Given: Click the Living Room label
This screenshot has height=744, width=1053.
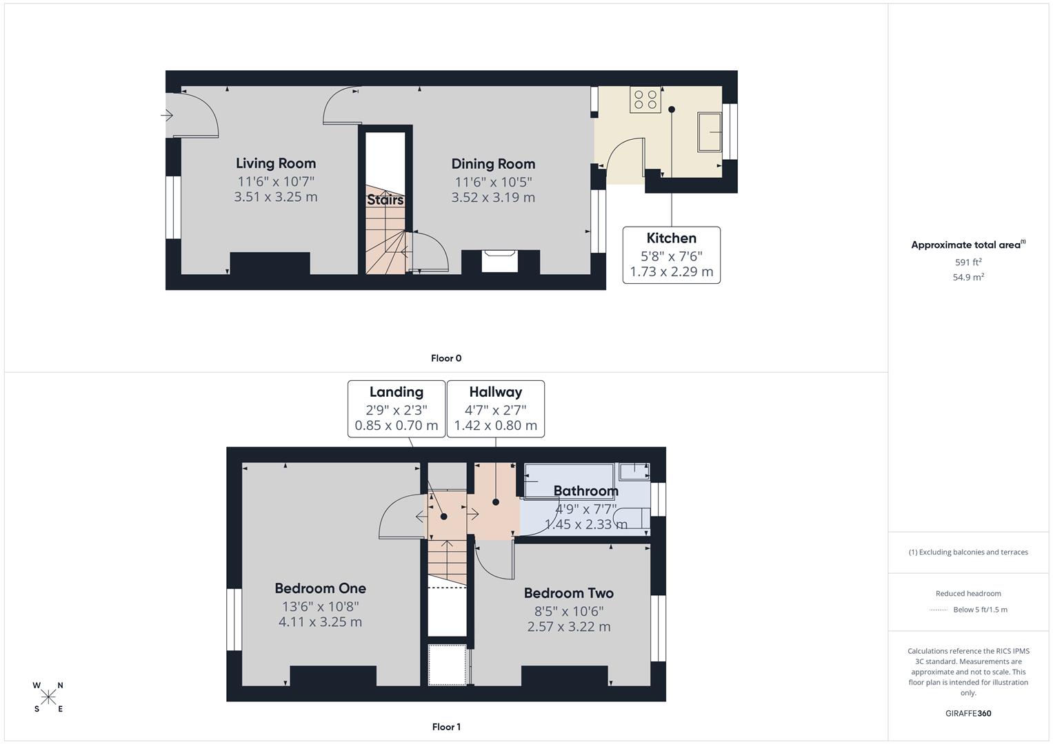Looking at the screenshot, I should tap(276, 163).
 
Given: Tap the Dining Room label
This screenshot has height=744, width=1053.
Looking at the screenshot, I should tap(493, 164).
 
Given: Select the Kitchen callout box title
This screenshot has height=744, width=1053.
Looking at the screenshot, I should tap(671, 238).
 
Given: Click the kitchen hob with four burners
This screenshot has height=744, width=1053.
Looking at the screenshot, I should tap(645, 100).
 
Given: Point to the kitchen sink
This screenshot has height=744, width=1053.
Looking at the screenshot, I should tap(710, 132).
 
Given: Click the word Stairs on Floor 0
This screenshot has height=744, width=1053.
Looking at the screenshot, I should tap(385, 200).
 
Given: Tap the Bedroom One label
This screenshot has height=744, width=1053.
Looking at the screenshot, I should tap(320, 588).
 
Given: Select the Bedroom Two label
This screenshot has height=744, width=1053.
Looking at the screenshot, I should tap(568, 593).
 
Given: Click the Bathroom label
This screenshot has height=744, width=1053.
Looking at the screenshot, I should tap(585, 491).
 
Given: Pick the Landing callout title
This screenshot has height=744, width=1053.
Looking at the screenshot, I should tap(396, 392).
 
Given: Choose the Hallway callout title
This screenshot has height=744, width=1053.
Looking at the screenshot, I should tap(495, 392).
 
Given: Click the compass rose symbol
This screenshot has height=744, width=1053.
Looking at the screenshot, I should tap(48, 697).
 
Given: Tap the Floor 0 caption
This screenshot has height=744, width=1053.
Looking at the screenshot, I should tap(446, 358).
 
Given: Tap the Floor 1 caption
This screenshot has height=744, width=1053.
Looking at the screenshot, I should tap(446, 727).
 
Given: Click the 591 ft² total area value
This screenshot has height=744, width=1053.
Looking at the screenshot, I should tap(967, 262).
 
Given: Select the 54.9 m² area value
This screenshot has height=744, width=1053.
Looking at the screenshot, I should tap(967, 277).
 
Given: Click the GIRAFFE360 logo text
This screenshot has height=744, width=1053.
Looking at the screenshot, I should tap(967, 713).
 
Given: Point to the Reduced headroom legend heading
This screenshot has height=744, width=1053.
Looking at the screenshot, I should tap(967, 593).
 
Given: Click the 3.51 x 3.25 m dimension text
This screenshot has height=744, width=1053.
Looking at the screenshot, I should tap(276, 197).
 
